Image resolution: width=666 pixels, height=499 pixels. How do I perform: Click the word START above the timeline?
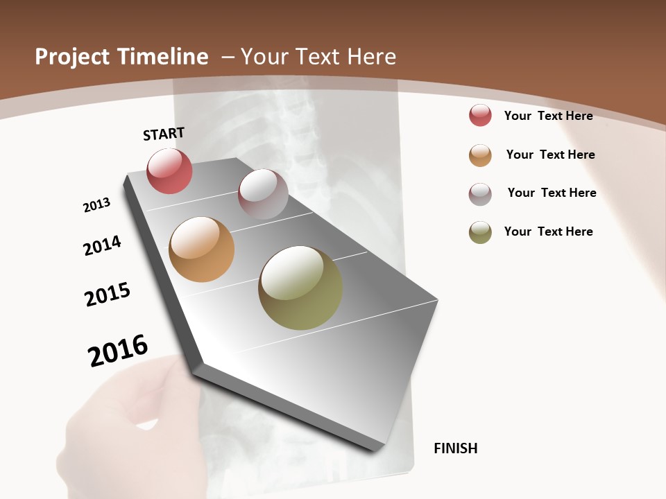164,134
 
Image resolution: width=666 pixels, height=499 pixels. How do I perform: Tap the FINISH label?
455,448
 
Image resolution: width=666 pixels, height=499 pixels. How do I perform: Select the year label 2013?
96,205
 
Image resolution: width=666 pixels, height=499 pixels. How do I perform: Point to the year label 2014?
102,245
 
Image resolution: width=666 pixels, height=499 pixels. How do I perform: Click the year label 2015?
108,295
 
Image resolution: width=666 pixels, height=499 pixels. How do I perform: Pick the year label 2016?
118,350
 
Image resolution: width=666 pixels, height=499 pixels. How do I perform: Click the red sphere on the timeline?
169,170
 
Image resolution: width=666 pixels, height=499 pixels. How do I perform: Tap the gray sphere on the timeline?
263,194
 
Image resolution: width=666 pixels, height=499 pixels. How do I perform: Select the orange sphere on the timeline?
201,249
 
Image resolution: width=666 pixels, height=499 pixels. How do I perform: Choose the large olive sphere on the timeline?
300,288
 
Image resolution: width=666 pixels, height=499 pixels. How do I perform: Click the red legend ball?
480,115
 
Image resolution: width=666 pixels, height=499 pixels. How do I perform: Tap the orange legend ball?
480,155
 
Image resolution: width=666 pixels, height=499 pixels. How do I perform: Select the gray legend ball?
480,194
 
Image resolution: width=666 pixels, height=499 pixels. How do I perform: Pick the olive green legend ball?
480,232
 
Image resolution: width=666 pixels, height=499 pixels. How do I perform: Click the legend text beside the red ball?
548,116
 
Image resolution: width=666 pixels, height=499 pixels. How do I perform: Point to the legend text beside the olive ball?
548,231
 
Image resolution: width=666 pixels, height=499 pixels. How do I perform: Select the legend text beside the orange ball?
550,155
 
